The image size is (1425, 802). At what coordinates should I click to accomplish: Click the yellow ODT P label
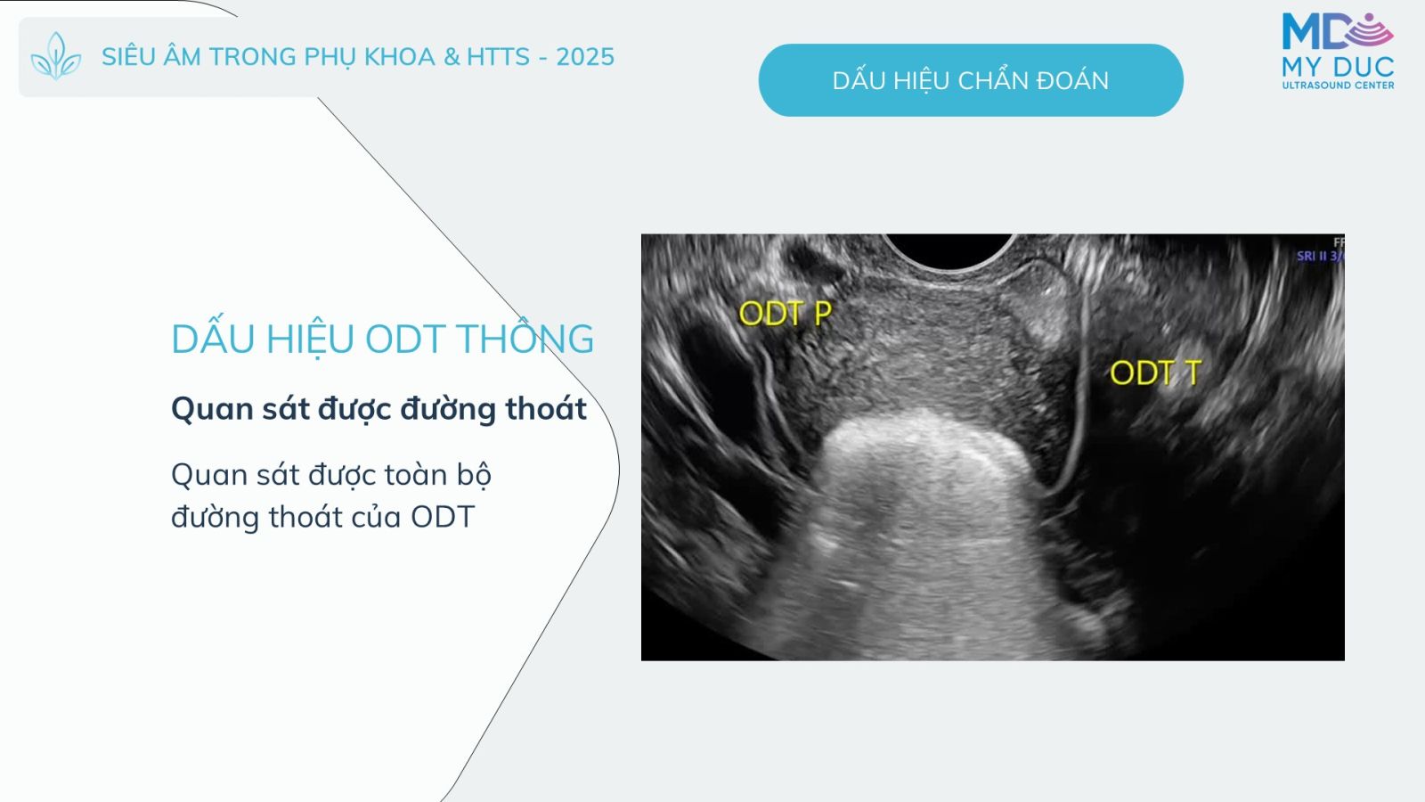(785, 313)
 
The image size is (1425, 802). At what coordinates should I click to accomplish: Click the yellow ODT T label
(1155, 373)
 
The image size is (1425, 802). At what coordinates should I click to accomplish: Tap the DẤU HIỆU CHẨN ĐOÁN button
(971, 80)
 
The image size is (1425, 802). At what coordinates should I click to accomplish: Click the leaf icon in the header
(56, 56)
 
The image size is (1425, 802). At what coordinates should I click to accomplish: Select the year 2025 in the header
(585, 57)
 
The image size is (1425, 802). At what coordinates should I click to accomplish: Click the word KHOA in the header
(400, 57)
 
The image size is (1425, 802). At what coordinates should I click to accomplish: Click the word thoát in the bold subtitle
(546, 409)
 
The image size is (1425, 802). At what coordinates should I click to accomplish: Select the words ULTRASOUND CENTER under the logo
(1338, 86)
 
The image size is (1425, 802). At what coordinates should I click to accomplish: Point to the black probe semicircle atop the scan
(949, 250)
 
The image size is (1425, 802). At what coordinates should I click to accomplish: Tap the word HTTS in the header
(498, 57)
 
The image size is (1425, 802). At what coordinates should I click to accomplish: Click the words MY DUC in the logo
(1338, 66)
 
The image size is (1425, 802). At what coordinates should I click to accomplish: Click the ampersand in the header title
(451, 57)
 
